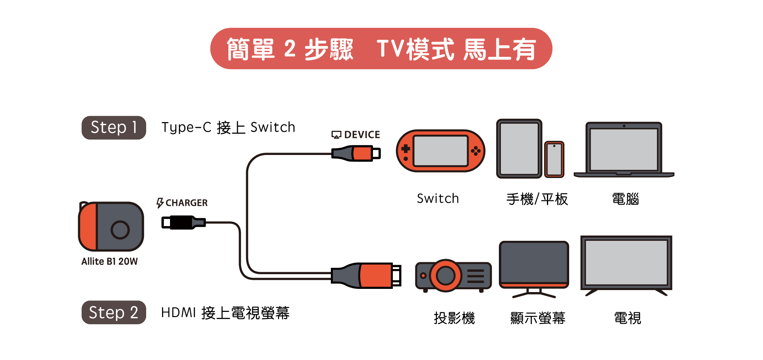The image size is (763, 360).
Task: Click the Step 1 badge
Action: pyautogui.click(x=114, y=128)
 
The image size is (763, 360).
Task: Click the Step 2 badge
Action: pyautogui.click(x=114, y=312)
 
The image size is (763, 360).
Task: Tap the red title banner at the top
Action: pyautogui.click(x=381, y=48)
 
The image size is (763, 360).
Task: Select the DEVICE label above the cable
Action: pyautogui.click(x=356, y=135)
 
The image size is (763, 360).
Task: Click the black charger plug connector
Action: pyautogui.click(x=183, y=223)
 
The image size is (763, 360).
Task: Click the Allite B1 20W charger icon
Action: pyautogui.click(x=111, y=226)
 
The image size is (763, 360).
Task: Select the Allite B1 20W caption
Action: pyautogui.click(x=109, y=261)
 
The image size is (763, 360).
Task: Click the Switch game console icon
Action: pyautogui.click(x=440, y=151)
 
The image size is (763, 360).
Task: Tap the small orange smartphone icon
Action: pyautogui.click(x=554, y=159)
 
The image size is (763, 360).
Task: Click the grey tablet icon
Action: pyautogui.click(x=519, y=149)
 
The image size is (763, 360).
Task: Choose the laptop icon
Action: pyautogui.click(x=624, y=150)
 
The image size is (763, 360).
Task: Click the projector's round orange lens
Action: pyautogui.click(x=446, y=275)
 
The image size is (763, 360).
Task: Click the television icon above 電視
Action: pyautogui.click(x=626, y=263)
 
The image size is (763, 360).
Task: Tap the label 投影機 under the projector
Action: pyautogui.click(x=454, y=318)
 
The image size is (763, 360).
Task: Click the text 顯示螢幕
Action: pyautogui.click(x=537, y=318)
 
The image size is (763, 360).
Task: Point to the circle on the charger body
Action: pyautogui.click(x=120, y=230)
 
